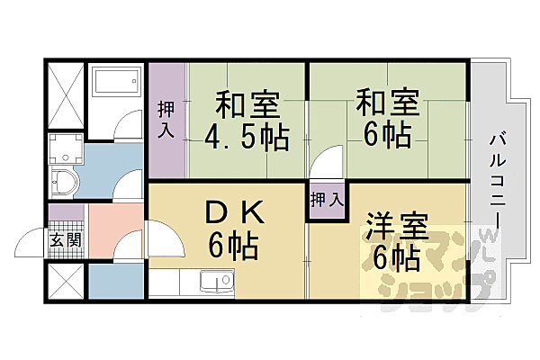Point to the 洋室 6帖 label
pyautogui.click(x=394, y=241)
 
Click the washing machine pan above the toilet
pyautogui.click(x=65, y=149)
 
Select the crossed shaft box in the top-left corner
pyautogui.click(x=65, y=94)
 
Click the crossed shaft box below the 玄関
pyautogui.click(x=65, y=282)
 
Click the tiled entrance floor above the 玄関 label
pyautogui.click(x=65, y=217)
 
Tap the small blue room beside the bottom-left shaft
pyautogui.click(x=115, y=283)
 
